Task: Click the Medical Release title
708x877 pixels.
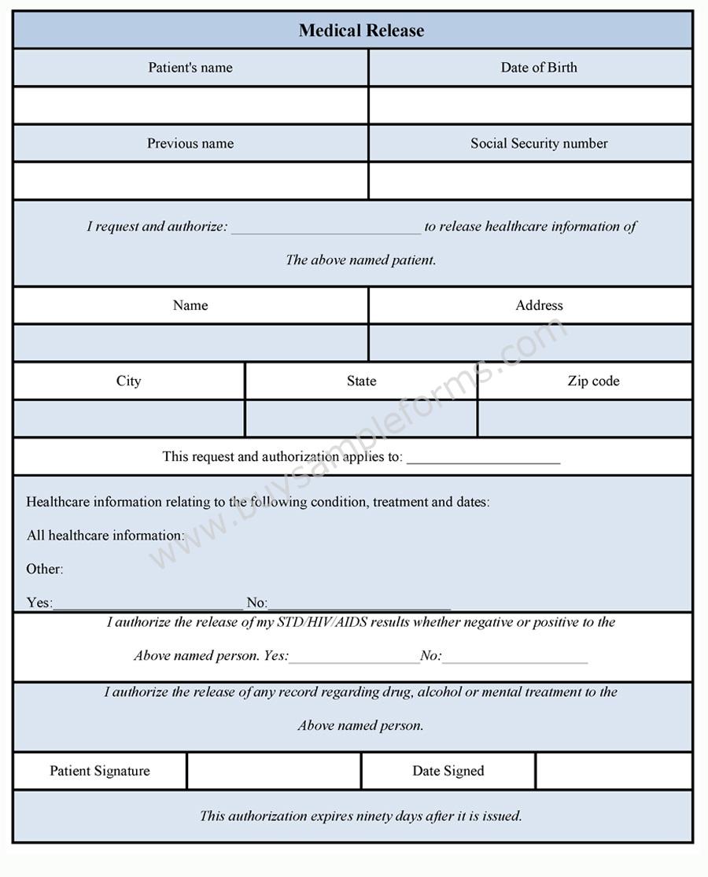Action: (361, 31)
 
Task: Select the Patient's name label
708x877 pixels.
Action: (190, 68)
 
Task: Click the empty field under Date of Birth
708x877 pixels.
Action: (530, 105)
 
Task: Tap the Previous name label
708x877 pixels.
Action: (190, 143)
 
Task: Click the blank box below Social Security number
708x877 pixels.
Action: (530, 181)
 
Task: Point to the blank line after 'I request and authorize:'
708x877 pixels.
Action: (326, 228)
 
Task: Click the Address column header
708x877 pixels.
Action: (539, 305)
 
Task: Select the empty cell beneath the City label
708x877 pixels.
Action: (129, 418)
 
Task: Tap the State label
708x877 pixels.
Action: (361, 381)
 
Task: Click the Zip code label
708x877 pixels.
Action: (593, 381)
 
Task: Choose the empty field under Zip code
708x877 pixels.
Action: (584, 418)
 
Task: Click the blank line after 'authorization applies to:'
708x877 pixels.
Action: (483, 459)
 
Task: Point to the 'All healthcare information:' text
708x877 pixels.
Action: (105, 536)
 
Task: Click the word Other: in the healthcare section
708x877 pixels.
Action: (45, 569)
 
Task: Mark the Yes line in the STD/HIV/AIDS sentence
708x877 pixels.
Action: (354, 658)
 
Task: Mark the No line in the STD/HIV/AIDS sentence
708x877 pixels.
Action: (514, 658)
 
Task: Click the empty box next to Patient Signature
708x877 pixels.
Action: (274, 771)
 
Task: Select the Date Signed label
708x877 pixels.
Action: (448, 771)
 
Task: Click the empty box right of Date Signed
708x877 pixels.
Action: (614, 771)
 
